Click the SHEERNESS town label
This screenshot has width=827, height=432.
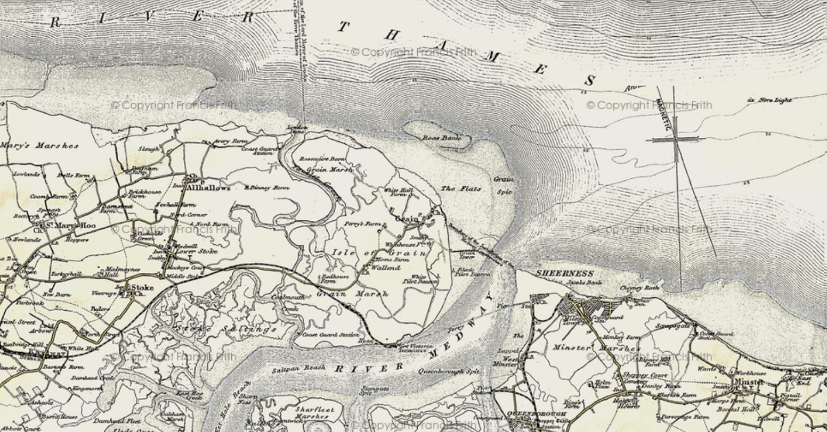(564, 273)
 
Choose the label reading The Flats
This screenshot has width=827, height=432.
(461, 189)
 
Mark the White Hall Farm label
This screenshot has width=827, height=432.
(399, 192)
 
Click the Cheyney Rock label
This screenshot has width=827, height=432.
(639, 288)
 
